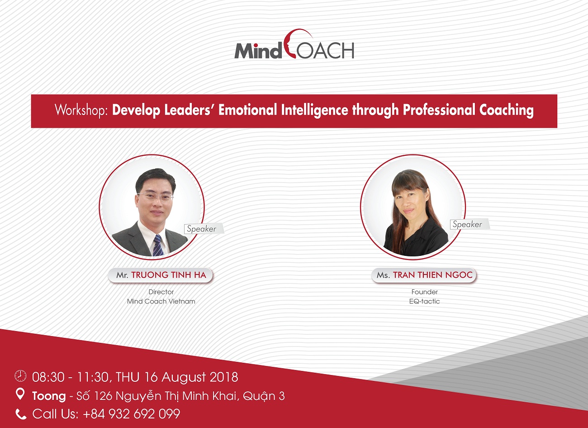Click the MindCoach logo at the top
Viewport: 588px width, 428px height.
coord(294,44)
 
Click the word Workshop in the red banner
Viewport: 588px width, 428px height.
coord(81,110)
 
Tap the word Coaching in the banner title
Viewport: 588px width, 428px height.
coord(507,111)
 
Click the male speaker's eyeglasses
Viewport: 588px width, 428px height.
coord(156,196)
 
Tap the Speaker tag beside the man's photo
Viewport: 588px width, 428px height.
coord(202,228)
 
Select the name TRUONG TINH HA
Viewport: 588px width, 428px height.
coord(169,275)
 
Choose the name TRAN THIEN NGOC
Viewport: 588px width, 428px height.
coord(432,275)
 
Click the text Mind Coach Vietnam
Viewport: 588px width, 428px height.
coord(161,301)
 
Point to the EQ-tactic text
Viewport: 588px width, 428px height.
coord(424,301)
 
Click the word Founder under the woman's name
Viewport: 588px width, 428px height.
coord(424,292)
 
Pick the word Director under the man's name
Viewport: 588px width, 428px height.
coord(161,292)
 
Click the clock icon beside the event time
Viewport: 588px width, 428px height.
coord(20,375)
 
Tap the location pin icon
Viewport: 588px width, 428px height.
coord(20,394)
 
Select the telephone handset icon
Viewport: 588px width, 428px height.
coord(21,414)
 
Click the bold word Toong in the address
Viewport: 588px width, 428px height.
coord(49,396)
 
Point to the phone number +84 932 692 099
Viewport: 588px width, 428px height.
coord(132,414)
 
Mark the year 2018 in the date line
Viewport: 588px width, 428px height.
coord(224,377)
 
